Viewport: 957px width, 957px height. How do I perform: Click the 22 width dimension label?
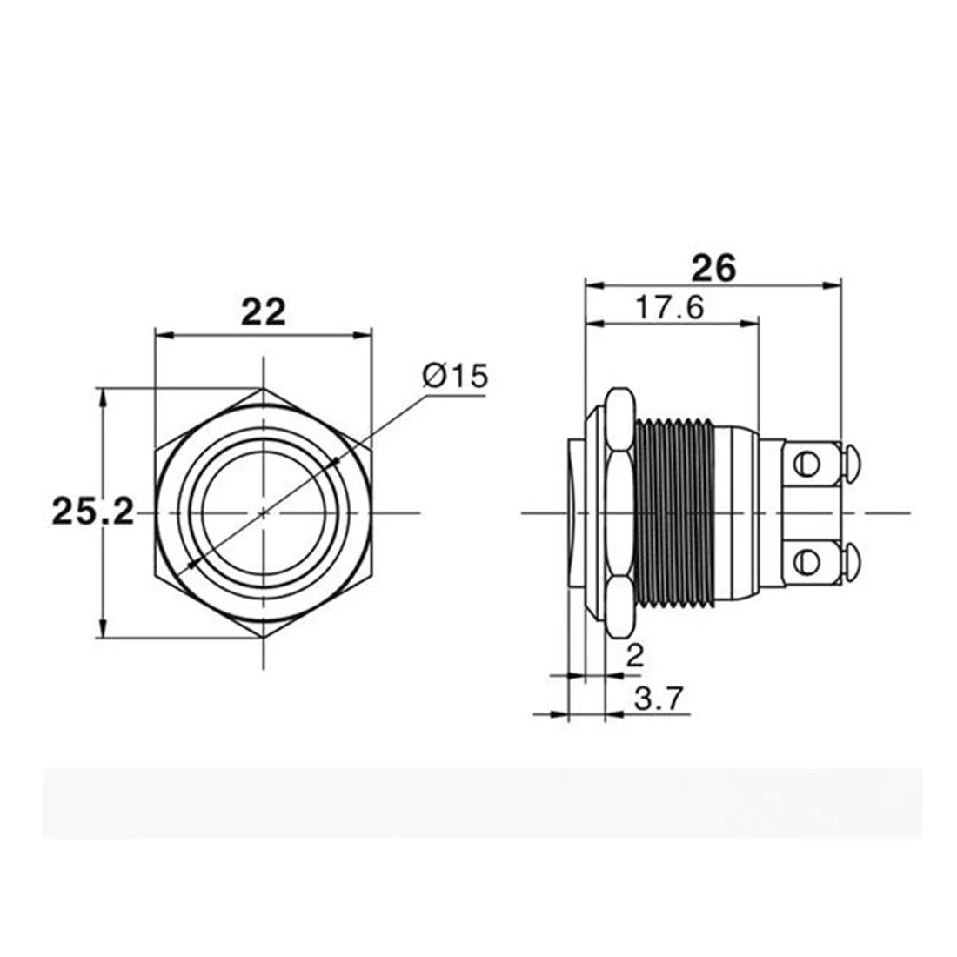[x=264, y=311]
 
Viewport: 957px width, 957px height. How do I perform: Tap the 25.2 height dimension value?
[x=93, y=512]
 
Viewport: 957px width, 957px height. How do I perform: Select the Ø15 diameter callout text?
[x=455, y=375]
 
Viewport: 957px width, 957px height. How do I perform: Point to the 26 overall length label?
[x=713, y=268]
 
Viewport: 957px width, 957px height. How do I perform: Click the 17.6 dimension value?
[x=670, y=307]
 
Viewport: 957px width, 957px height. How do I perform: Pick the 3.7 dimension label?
[x=659, y=699]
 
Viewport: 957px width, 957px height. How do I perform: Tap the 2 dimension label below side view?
[x=635, y=656]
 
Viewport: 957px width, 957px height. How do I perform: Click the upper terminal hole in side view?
[x=806, y=465]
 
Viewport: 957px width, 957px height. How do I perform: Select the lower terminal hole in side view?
[x=806, y=561]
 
